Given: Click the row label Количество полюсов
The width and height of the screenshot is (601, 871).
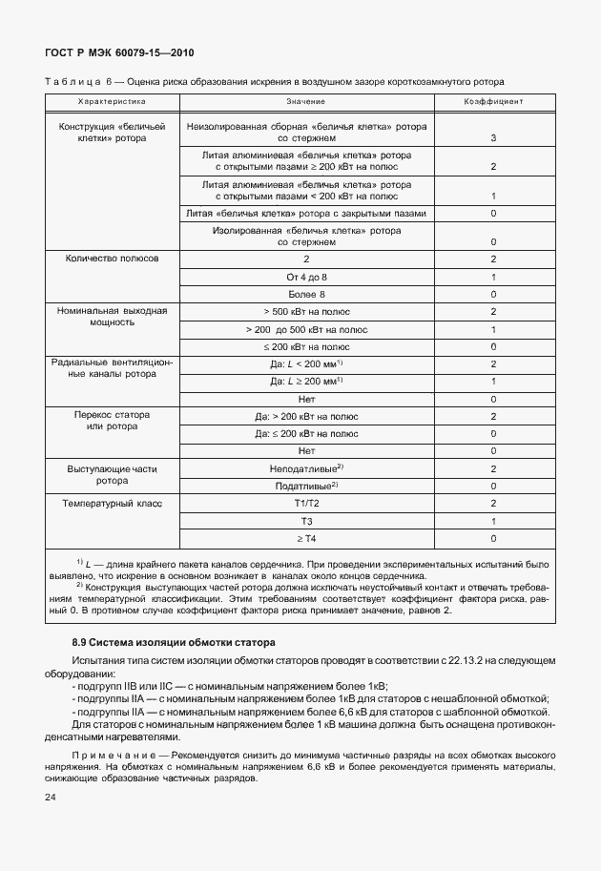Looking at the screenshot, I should pos(112,259).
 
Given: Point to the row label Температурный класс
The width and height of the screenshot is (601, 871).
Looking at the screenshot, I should pos(112,503).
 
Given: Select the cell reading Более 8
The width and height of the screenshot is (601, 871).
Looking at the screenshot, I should pos(306,294).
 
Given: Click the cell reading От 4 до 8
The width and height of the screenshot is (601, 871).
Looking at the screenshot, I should pos(306,277).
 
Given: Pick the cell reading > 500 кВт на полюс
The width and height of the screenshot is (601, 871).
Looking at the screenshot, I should pos(306,312).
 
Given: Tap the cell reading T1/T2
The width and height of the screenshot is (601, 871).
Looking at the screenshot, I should pos(306,503).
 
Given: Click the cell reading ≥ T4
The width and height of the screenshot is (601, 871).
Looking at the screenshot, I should pos(306,538).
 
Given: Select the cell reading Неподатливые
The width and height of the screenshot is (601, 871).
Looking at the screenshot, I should pos(306,468).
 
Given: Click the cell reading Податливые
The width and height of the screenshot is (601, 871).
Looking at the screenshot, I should pos(306,486).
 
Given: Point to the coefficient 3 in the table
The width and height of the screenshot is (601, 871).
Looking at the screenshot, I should pos(492,138).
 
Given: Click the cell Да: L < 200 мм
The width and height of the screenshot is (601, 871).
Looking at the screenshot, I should pos(306,363).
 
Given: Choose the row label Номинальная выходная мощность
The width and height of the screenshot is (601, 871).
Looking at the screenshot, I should pos(112,318).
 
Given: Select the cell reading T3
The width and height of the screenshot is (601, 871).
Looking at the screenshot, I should pos(306,521).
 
